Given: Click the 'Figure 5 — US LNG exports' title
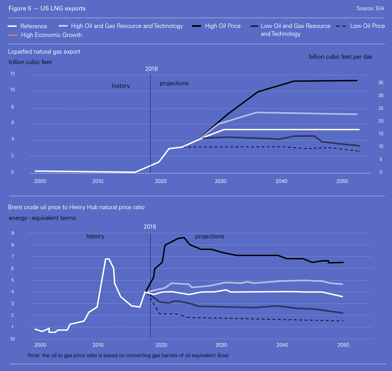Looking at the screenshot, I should point(47,8).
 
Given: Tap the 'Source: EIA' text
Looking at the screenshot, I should point(370,8).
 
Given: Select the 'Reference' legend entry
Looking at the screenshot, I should point(34,26).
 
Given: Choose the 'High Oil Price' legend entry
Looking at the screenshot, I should point(223,26).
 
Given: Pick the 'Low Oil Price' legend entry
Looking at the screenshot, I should point(367,26).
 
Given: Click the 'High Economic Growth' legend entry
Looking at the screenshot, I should point(51,35).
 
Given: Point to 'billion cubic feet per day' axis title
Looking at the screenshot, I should point(340,57).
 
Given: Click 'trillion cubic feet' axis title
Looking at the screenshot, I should point(30,62).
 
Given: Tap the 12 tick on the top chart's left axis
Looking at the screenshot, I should point(12,74).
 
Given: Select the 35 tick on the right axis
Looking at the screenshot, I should point(381,83).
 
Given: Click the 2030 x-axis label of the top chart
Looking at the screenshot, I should point(221,181).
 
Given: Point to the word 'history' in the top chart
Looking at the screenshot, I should point(121,86).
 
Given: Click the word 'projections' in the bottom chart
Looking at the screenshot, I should point(210,236).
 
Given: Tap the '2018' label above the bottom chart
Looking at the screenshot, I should point(150,227).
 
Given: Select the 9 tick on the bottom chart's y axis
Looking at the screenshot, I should point(13,233).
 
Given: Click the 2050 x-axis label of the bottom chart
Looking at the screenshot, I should point(343,345).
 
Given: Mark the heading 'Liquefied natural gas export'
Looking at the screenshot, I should point(44,52).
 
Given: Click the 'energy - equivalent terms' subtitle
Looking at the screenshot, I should point(42,218).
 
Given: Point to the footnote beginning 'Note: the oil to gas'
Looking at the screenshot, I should point(128,355).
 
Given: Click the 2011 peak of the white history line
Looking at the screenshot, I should point(107,259).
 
